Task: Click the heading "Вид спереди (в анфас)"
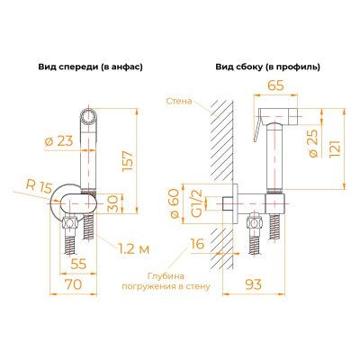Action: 90,67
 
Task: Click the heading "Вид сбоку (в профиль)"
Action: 267,67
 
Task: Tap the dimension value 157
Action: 128,161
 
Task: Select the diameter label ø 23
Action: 58,140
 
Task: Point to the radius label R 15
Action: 39,186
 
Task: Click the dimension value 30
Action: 113,203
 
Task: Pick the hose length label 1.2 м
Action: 132,248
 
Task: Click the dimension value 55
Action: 78,264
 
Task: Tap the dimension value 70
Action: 74,284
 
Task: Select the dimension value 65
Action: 275,85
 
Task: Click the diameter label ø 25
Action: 313,143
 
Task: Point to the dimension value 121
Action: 335,148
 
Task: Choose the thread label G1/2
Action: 196,203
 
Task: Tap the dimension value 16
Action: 197,244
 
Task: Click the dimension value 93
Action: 254,284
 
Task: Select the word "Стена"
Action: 179,101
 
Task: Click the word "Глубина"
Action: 166,276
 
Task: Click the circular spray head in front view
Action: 89,116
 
